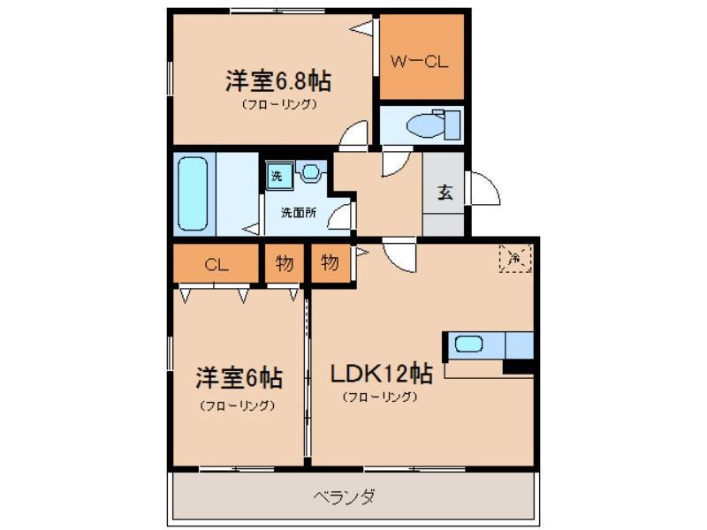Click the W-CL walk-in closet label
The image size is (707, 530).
coord(419,61)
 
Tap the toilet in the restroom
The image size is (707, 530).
coord(433,124)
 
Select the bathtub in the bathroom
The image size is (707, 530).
coord(193,193)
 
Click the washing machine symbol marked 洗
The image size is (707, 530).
coord(277,176)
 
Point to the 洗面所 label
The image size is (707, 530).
coord(299,212)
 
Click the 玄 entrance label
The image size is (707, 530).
coord(445,193)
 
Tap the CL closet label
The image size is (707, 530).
coord(217,264)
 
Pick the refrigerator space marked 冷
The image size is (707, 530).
coord(515,259)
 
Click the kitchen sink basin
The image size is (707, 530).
coord(468,344)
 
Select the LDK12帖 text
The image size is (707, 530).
coord(383,374)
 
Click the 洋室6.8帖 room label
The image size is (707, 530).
coord(278,81)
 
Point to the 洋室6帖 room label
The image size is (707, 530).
coord(239,378)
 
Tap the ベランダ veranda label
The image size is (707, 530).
coord(344,497)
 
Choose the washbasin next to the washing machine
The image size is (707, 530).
coord(311,171)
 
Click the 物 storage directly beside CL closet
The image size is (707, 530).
coord(284,263)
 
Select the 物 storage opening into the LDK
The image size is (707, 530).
coord(331,262)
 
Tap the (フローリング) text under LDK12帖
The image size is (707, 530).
coord(380,397)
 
